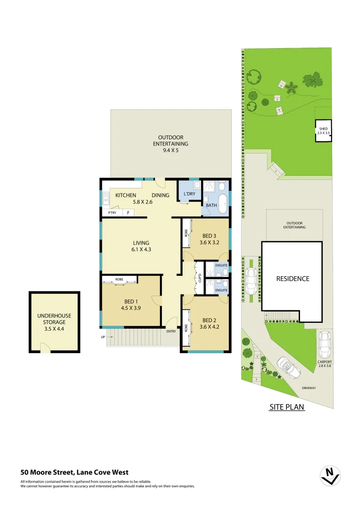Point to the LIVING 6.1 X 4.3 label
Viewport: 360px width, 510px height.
141,246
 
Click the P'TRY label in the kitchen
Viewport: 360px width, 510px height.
112,213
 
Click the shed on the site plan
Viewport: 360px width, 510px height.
323,131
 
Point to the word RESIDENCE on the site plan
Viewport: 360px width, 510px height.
293,279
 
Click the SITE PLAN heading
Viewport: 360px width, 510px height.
286,407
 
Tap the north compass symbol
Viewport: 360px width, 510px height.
330,476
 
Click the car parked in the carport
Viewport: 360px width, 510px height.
324,345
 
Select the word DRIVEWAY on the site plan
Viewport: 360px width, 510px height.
309,388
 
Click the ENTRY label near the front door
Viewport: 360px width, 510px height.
171,331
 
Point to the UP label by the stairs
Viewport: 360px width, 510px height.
103,337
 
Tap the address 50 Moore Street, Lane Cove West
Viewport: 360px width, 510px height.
74,472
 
